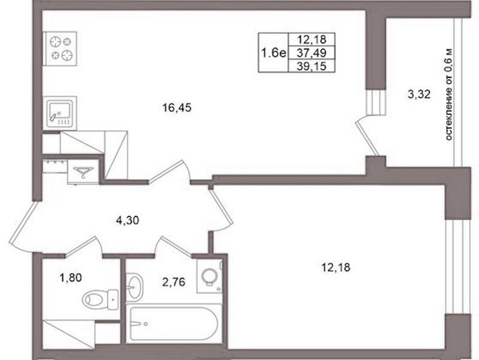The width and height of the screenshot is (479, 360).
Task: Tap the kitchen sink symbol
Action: [59, 113]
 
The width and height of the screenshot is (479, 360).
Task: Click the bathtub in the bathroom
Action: [173, 323]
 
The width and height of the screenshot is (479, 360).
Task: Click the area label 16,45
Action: [177, 108]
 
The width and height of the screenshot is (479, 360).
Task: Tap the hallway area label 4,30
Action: [127, 220]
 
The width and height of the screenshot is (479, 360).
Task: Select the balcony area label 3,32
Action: [419, 94]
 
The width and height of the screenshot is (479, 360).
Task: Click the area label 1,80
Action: [71, 278]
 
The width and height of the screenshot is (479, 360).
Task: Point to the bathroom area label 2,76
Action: [173, 282]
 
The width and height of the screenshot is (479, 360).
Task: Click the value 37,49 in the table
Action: [312, 53]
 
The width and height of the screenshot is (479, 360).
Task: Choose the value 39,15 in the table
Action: [312, 66]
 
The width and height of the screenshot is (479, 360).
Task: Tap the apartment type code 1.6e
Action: [273, 53]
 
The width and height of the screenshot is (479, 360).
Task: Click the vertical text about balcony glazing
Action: [448, 95]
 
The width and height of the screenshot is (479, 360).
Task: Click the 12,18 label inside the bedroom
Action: [336, 268]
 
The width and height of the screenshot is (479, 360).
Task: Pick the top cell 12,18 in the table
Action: [312, 40]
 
